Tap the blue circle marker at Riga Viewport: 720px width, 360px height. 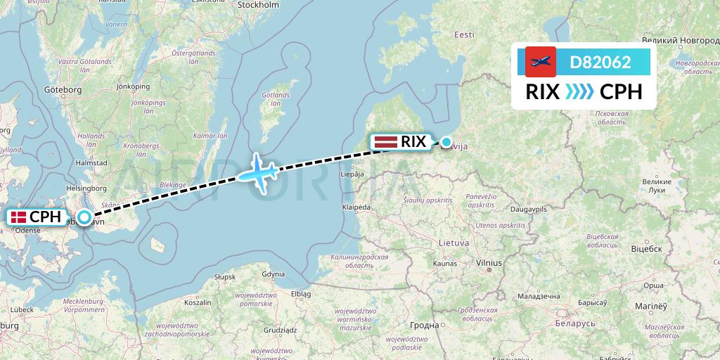446,142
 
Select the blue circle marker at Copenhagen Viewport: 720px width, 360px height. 84,218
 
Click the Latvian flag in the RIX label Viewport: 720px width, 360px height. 386,141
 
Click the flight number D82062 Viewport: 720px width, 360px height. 600,63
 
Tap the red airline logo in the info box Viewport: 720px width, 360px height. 541,62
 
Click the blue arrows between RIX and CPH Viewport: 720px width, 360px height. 579,92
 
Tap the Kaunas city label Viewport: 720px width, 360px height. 446,263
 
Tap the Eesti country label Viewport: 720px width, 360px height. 464,35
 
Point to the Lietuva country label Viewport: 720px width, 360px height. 454,243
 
